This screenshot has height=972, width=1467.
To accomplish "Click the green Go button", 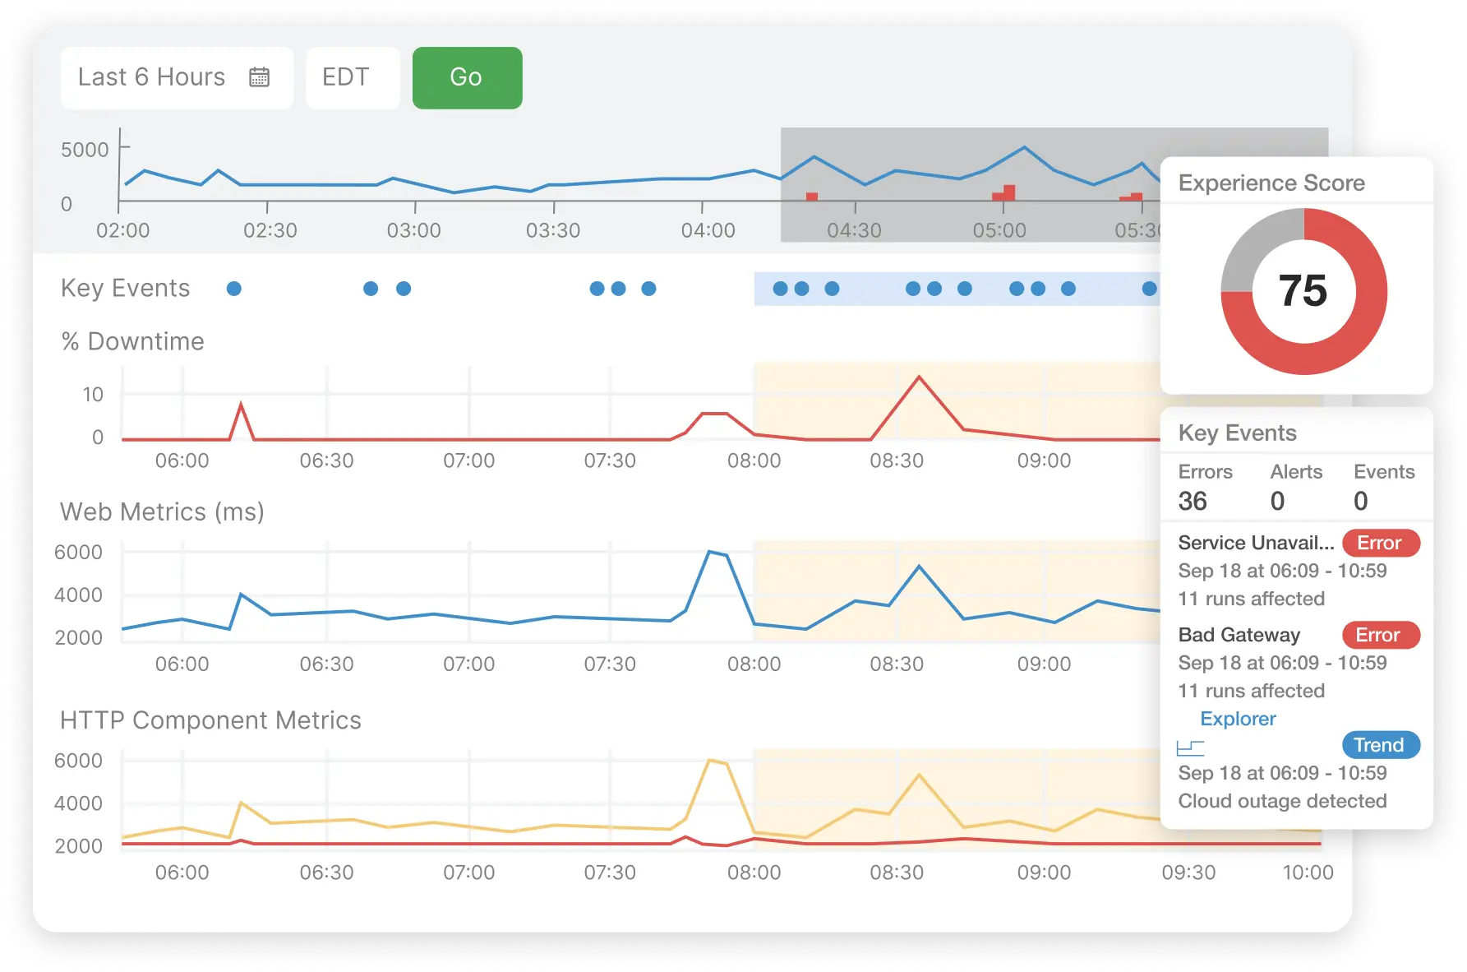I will [467, 77].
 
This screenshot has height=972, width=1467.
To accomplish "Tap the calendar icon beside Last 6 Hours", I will [259, 77].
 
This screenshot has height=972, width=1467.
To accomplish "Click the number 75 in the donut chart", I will [1303, 291].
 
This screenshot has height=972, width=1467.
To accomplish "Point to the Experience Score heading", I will [1271, 183].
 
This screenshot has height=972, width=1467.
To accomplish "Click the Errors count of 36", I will [1193, 501].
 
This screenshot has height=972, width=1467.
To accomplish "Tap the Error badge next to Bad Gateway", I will [1380, 635].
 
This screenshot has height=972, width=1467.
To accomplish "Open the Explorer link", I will [1238, 719].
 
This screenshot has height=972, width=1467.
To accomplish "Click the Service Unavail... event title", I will [1255, 543].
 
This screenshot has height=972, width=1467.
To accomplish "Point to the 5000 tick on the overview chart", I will [85, 150].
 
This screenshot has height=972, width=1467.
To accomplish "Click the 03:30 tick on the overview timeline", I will [553, 230].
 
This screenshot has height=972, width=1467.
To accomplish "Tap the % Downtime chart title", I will [133, 341].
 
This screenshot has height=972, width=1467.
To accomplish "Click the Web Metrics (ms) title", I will [162, 511].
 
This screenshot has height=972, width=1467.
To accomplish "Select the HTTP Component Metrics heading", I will [210, 720].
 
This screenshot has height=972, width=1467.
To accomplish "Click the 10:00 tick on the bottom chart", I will [1308, 872].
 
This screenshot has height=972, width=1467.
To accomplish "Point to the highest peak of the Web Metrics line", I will [710, 552].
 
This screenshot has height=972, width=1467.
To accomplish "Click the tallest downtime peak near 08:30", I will [919, 377].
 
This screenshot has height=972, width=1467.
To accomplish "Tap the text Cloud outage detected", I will [1282, 801].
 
